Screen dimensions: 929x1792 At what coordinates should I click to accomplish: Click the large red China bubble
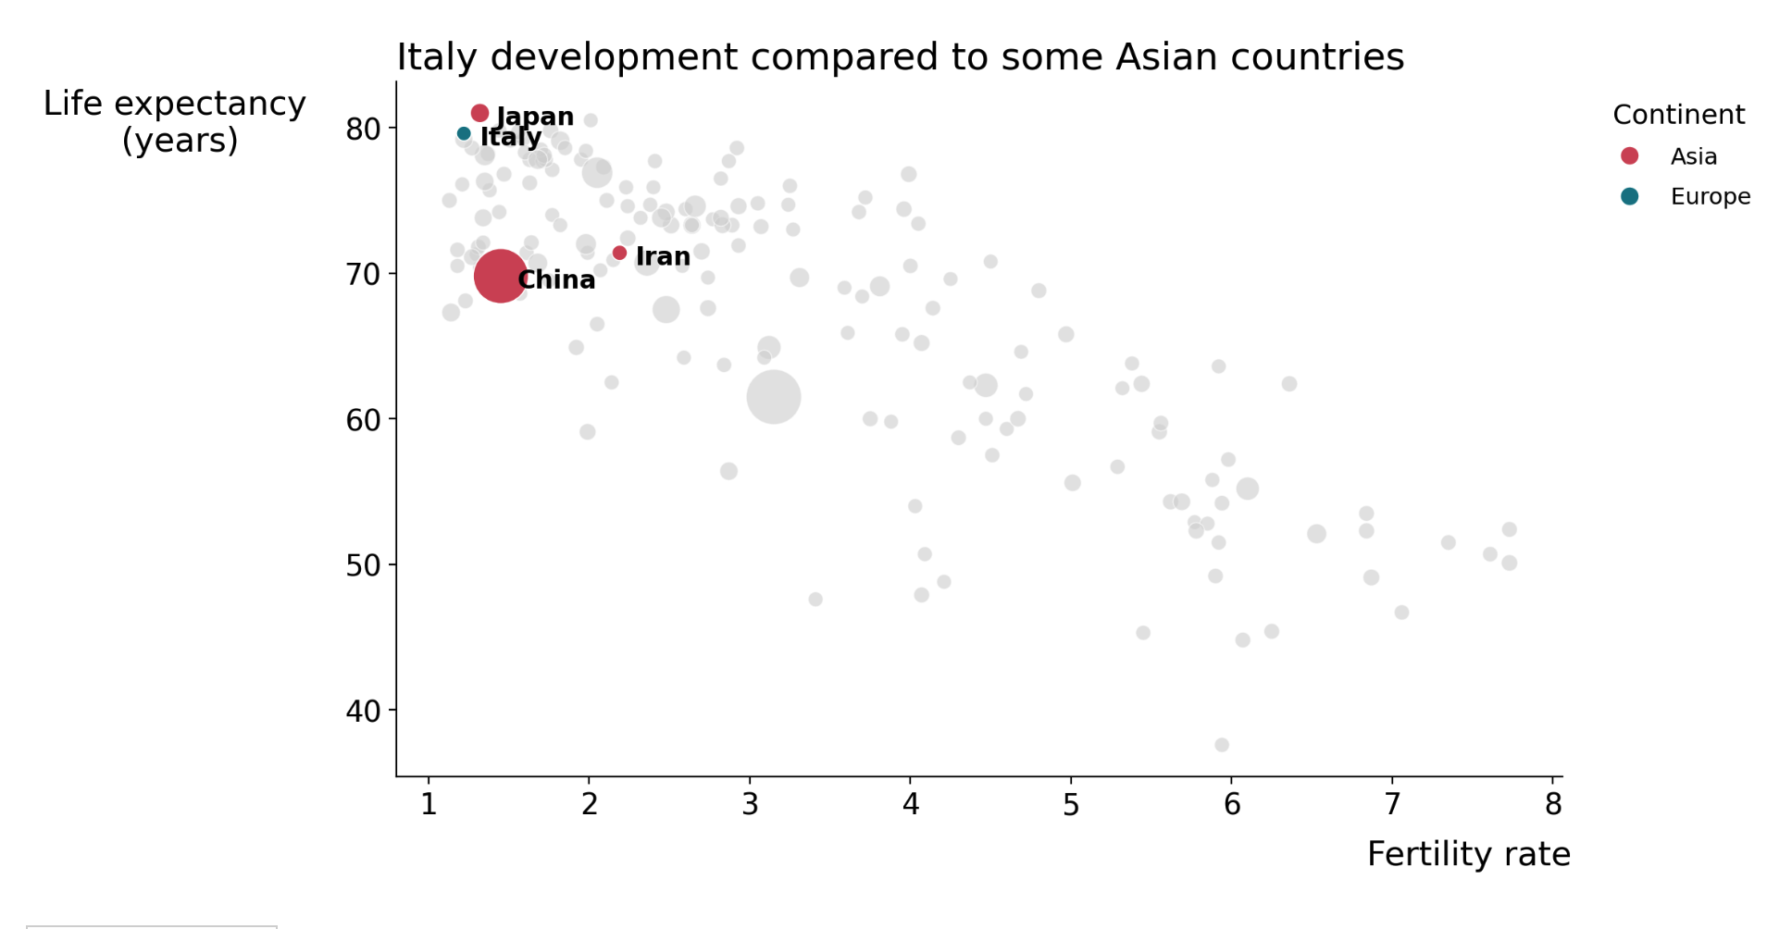pyautogui.click(x=500, y=275)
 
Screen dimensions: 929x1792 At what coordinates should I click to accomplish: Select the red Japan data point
pyautogui.click(x=479, y=113)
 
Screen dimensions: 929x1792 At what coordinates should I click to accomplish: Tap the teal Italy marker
pyautogui.click(x=464, y=134)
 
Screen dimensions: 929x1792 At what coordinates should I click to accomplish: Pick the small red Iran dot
pyautogui.click(x=619, y=253)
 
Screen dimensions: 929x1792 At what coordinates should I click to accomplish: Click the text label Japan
pyautogui.click(x=535, y=117)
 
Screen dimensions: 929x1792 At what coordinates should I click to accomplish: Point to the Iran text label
pyautogui.click(x=663, y=256)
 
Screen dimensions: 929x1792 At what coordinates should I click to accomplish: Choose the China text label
pyautogui.click(x=556, y=279)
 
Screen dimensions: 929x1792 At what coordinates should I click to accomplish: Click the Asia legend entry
pyautogui.click(x=1693, y=156)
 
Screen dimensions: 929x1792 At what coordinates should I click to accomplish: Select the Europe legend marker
pyautogui.click(x=1630, y=196)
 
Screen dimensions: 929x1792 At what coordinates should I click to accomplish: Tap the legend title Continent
pyautogui.click(x=1678, y=115)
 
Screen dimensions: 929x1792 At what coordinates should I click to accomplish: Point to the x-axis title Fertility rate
pyautogui.click(x=1468, y=853)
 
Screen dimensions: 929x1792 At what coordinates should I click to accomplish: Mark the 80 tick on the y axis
pyautogui.click(x=363, y=129)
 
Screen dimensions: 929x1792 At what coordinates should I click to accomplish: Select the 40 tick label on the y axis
pyautogui.click(x=363, y=711)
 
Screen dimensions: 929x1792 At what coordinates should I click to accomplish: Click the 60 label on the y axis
pyautogui.click(x=363, y=420)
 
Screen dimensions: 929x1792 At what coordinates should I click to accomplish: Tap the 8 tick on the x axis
pyautogui.click(x=1552, y=804)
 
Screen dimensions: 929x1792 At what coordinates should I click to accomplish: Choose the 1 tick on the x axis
pyautogui.click(x=429, y=804)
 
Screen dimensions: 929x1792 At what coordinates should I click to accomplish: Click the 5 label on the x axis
pyautogui.click(x=1071, y=804)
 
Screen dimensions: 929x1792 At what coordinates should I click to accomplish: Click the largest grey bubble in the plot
pyautogui.click(x=773, y=397)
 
